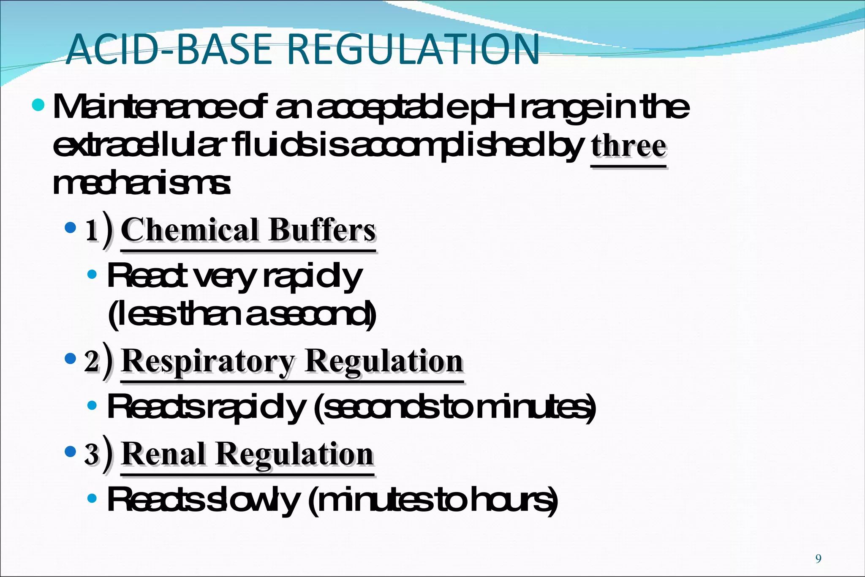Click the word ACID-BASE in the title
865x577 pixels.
tap(169, 49)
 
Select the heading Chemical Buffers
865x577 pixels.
tap(248, 230)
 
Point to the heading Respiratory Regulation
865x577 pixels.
tap(292, 361)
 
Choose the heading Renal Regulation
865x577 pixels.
tap(248, 454)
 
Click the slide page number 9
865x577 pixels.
tap(818, 559)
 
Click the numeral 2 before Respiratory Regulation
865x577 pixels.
tap(92, 362)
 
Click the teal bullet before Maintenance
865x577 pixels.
tap(38, 104)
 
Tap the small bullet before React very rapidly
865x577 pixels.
tap(92, 275)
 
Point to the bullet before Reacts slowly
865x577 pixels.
tap(92, 499)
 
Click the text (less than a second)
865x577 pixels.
tap(242, 315)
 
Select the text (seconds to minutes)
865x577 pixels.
tap(454, 407)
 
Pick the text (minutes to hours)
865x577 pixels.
tap(432, 501)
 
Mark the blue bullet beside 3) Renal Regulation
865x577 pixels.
tap(70, 452)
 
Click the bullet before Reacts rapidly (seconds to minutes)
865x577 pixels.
tap(92, 406)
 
